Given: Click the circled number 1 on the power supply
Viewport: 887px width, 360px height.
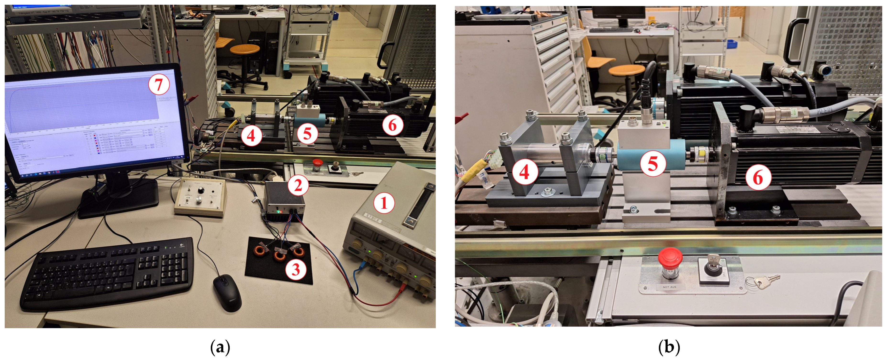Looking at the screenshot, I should [384, 203].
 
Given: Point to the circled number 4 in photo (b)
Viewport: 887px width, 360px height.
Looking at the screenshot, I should [524, 172].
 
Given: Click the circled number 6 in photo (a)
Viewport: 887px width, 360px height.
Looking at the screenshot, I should [392, 125].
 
